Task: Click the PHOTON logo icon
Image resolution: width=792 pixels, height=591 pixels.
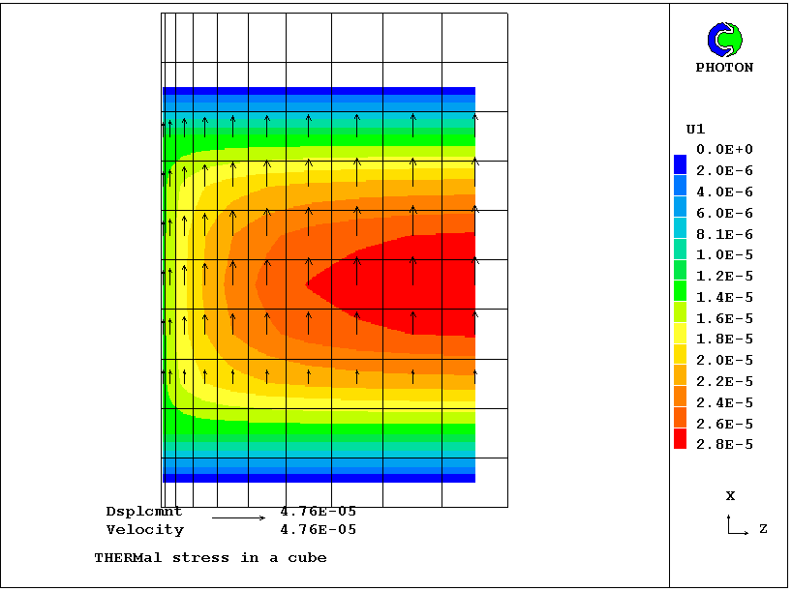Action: click(x=724, y=39)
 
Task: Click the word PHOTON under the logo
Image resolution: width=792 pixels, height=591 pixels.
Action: click(x=724, y=68)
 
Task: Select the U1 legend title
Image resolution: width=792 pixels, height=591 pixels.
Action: click(x=695, y=129)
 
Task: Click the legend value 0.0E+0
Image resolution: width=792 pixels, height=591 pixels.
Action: click(x=725, y=150)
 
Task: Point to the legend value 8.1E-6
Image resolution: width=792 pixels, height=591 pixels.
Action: click(x=725, y=234)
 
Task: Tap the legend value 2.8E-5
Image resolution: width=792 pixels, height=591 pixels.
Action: click(x=725, y=445)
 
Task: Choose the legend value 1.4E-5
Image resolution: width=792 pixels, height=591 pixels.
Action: click(x=725, y=297)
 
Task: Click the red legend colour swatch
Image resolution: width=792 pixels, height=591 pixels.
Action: click(x=680, y=438)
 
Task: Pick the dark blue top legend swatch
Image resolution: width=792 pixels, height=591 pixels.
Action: click(x=680, y=163)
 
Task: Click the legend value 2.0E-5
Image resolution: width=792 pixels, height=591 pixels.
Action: click(x=725, y=361)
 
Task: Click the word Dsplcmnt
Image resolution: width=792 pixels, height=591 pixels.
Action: click(x=144, y=511)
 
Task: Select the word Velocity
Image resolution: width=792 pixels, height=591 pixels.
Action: click(x=144, y=530)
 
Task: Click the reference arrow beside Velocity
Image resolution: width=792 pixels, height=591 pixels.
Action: click(x=238, y=518)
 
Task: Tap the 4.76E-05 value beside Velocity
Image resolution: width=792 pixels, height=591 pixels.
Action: click(x=318, y=530)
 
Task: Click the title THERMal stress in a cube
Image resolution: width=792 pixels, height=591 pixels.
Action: click(x=210, y=558)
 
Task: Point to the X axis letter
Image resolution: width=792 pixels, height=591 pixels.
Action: click(x=730, y=496)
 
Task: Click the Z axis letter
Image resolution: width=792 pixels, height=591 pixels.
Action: click(x=763, y=530)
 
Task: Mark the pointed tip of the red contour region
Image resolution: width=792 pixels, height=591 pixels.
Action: click(x=307, y=284)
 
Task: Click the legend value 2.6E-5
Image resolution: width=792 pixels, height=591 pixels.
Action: click(x=725, y=424)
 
